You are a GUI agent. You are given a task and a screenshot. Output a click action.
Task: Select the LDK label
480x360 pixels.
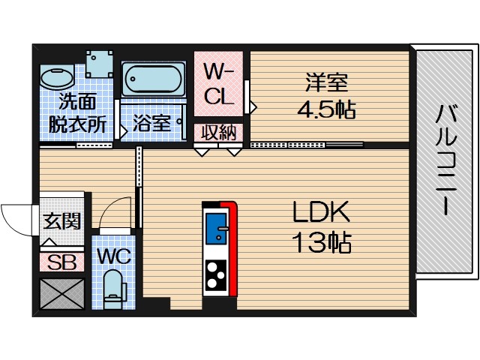[320, 213]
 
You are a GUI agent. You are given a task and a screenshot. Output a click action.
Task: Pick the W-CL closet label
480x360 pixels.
[219, 85]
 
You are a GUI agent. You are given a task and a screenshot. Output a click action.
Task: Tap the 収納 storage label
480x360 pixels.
[218, 133]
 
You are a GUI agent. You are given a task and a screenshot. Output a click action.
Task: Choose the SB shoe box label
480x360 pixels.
[61, 262]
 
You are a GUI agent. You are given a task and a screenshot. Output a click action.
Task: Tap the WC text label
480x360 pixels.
[113, 255]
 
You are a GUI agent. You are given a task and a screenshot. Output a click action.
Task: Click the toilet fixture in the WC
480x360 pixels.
[113, 289]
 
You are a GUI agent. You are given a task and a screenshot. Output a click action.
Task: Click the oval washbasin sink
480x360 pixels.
[55, 77]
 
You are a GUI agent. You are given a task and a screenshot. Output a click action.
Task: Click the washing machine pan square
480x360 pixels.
[99, 64]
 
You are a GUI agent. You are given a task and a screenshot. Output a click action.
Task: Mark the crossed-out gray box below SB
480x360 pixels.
[61, 293]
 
